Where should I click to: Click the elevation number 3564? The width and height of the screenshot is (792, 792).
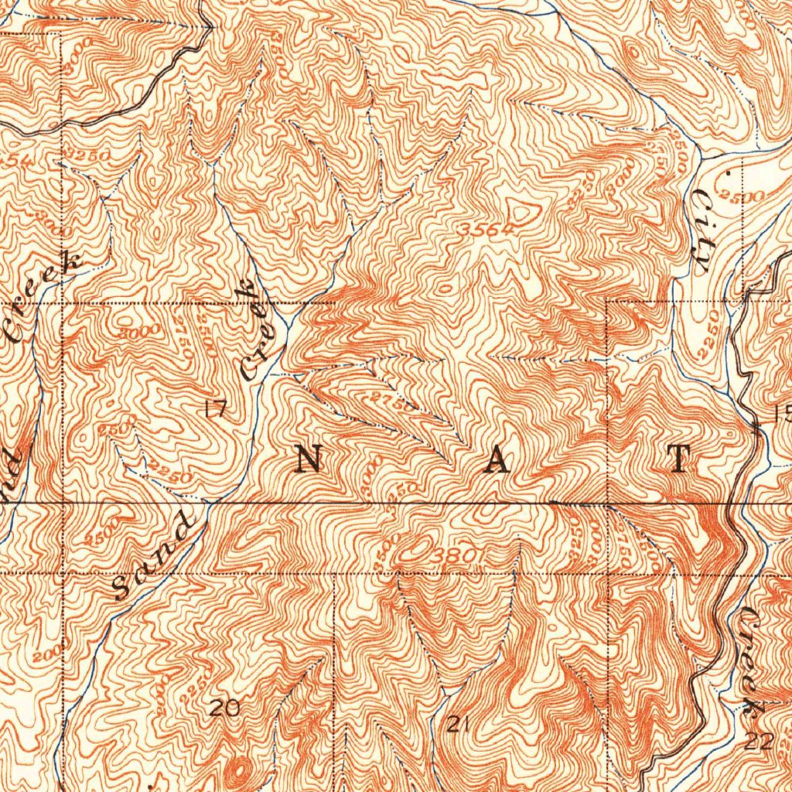(x=485, y=230)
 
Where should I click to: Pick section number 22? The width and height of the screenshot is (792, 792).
(x=760, y=742)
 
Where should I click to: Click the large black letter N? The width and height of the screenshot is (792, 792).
(x=309, y=460)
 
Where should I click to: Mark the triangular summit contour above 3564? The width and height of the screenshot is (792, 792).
(x=519, y=210)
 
